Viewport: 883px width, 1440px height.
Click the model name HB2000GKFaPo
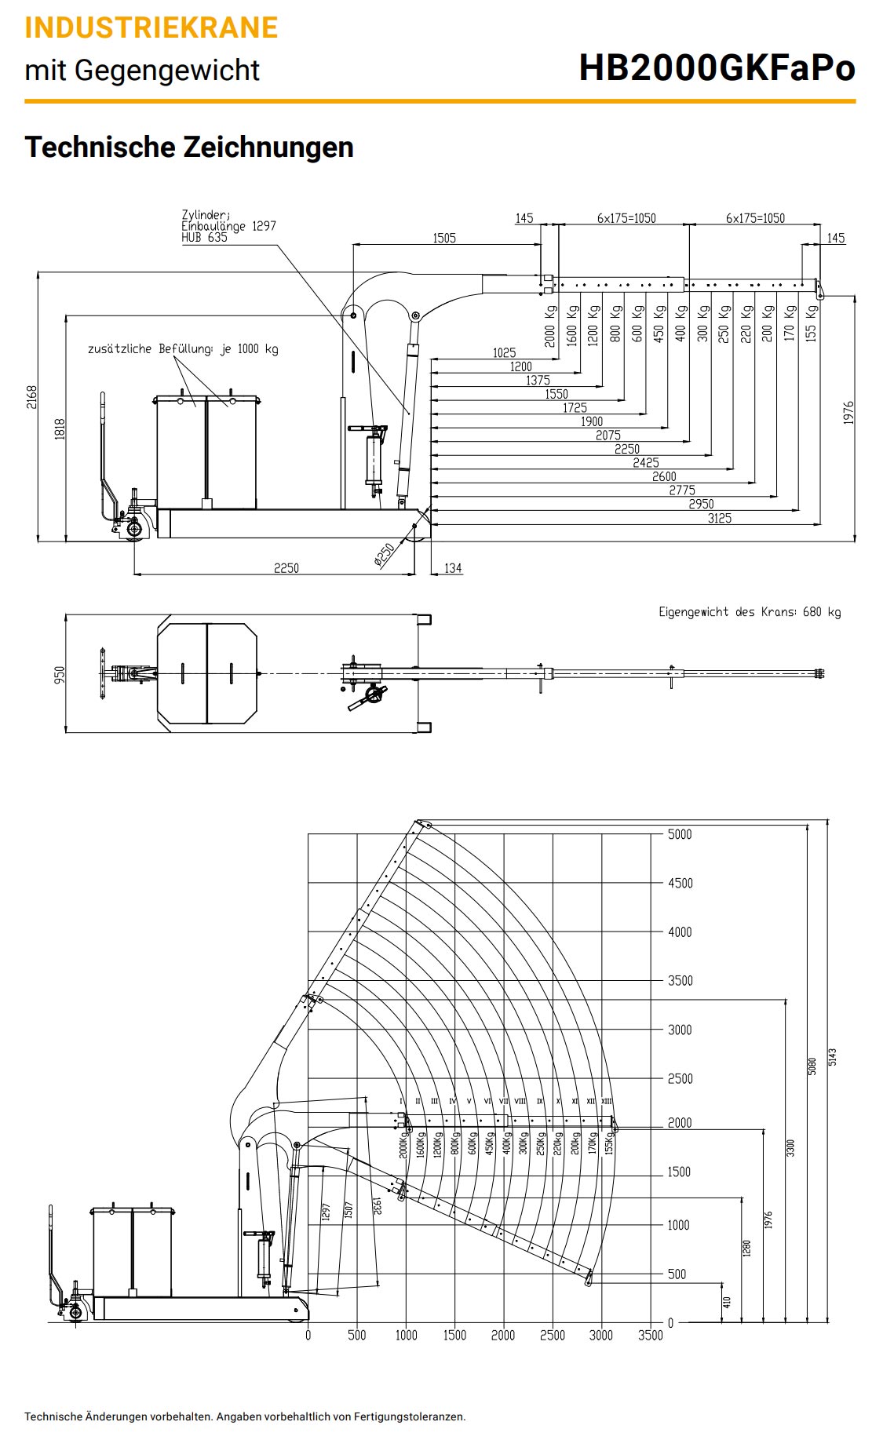pyautogui.click(x=716, y=68)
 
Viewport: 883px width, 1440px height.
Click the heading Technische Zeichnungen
pyautogui.click(x=189, y=148)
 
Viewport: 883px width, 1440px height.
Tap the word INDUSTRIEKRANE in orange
pyautogui.click(x=151, y=27)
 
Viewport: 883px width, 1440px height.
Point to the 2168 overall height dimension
pyautogui.click(x=31, y=397)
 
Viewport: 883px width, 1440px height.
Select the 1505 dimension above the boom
pyautogui.click(x=444, y=238)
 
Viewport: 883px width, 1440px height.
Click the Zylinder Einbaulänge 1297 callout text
pyautogui.click(x=228, y=226)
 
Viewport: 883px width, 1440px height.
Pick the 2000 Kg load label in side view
pyautogui.click(x=550, y=324)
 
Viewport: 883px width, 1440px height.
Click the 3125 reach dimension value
pyautogui.click(x=719, y=518)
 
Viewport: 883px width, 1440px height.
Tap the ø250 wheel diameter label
pyautogui.click(x=384, y=555)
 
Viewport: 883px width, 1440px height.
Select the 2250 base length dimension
pyautogui.click(x=286, y=568)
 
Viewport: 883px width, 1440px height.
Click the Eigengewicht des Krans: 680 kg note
pyautogui.click(x=749, y=612)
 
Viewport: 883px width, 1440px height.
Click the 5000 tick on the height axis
pyautogui.click(x=680, y=834)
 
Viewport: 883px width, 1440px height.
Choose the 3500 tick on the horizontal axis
pyautogui.click(x=650, y=1335)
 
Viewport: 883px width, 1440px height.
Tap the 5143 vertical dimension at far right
pyautogui.click(x=833, y=1056)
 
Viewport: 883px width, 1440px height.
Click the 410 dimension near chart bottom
pyautogui.click(x=727, y=1302)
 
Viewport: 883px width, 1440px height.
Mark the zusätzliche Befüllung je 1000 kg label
pyautogui.click(x=183, y=349)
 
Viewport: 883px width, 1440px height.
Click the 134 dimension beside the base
pyautogui.click(x=453, y=568)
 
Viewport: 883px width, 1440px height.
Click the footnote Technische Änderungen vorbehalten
pyautogui.click(x=244, y=1416)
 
